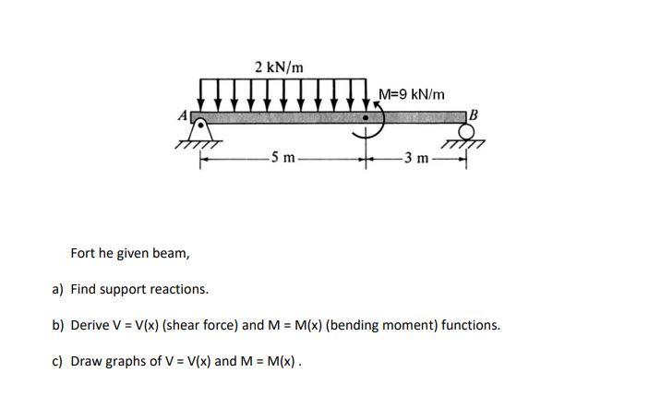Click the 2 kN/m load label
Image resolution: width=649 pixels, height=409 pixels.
(x=278, y=66)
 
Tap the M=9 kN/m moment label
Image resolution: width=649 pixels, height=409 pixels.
(x=412, y=94)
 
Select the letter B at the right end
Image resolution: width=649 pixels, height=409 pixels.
(x=475, y=114)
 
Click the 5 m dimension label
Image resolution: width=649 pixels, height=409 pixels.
(x=281, y=159)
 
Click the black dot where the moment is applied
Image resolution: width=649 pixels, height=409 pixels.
(x=367, y=118)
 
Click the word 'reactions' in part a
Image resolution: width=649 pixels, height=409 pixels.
(x=180, y=289)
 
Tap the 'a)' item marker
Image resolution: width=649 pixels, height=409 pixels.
(x=57, y=289)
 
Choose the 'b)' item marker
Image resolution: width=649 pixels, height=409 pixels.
(x=57, y=325)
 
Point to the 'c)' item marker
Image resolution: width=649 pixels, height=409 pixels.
(x=57, y=361)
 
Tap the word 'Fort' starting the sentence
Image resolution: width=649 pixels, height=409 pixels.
(x=84, y=253)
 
